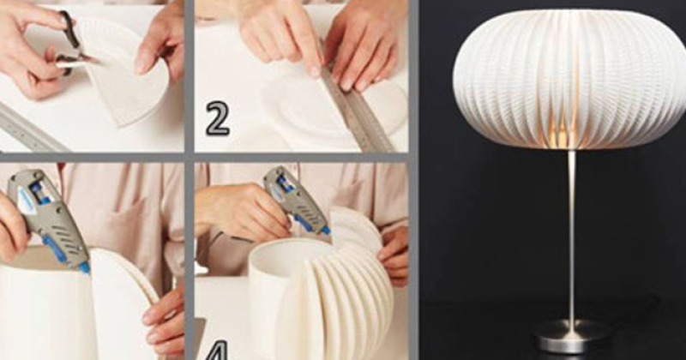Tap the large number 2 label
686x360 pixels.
pyautogui.click(x=218, y=119)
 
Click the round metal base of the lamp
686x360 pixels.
pyautogui.click(x=571, y=335)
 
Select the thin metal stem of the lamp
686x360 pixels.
pyautogui.click(x=572, y=237)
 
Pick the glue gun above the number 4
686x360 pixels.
pyautogui.click(x=298, y=201)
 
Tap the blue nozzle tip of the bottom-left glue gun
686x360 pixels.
pyautogui.click(x=84, y=267)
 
